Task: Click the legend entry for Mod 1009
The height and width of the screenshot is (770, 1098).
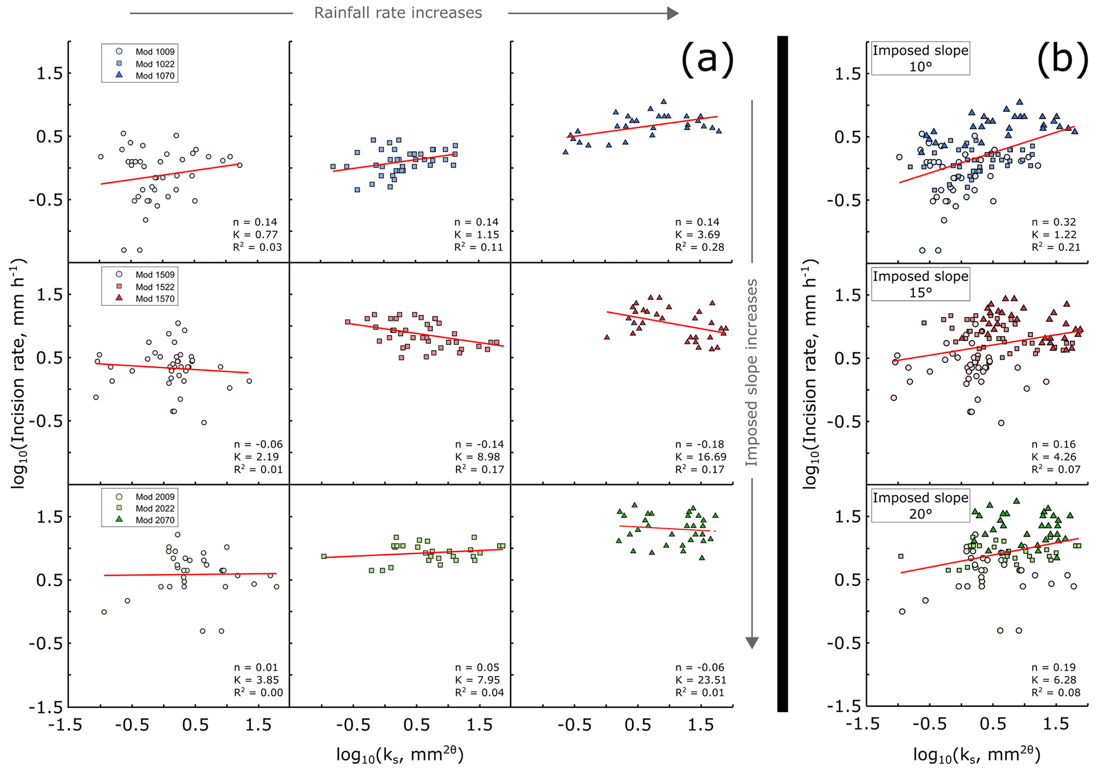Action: (x=146, y=52)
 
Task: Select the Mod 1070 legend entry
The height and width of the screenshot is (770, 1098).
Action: (x=146, y=75)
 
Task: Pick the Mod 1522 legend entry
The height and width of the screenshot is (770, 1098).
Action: (x=146, y=287)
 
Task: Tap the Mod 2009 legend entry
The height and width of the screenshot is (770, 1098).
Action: (x=146, y=497)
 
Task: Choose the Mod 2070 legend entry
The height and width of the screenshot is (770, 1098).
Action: (x=146, y=520)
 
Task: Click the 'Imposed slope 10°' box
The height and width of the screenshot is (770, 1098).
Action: (x=921, y=58)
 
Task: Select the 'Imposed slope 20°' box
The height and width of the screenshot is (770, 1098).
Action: (x=921, y=505)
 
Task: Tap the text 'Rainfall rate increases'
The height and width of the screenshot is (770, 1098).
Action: (x=398, y=13)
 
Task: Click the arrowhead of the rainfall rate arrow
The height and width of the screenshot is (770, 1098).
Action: (x=673, y=13)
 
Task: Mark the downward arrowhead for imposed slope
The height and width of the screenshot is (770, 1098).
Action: (x=752, y=642)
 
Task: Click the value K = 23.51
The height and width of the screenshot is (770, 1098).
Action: (x=700, y=680)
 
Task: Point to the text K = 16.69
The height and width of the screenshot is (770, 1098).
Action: (x=700, y=457)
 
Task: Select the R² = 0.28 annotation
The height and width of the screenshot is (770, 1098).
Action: (x=699, y=247)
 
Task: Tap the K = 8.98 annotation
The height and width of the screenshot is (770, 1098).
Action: (x=477, y=457)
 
